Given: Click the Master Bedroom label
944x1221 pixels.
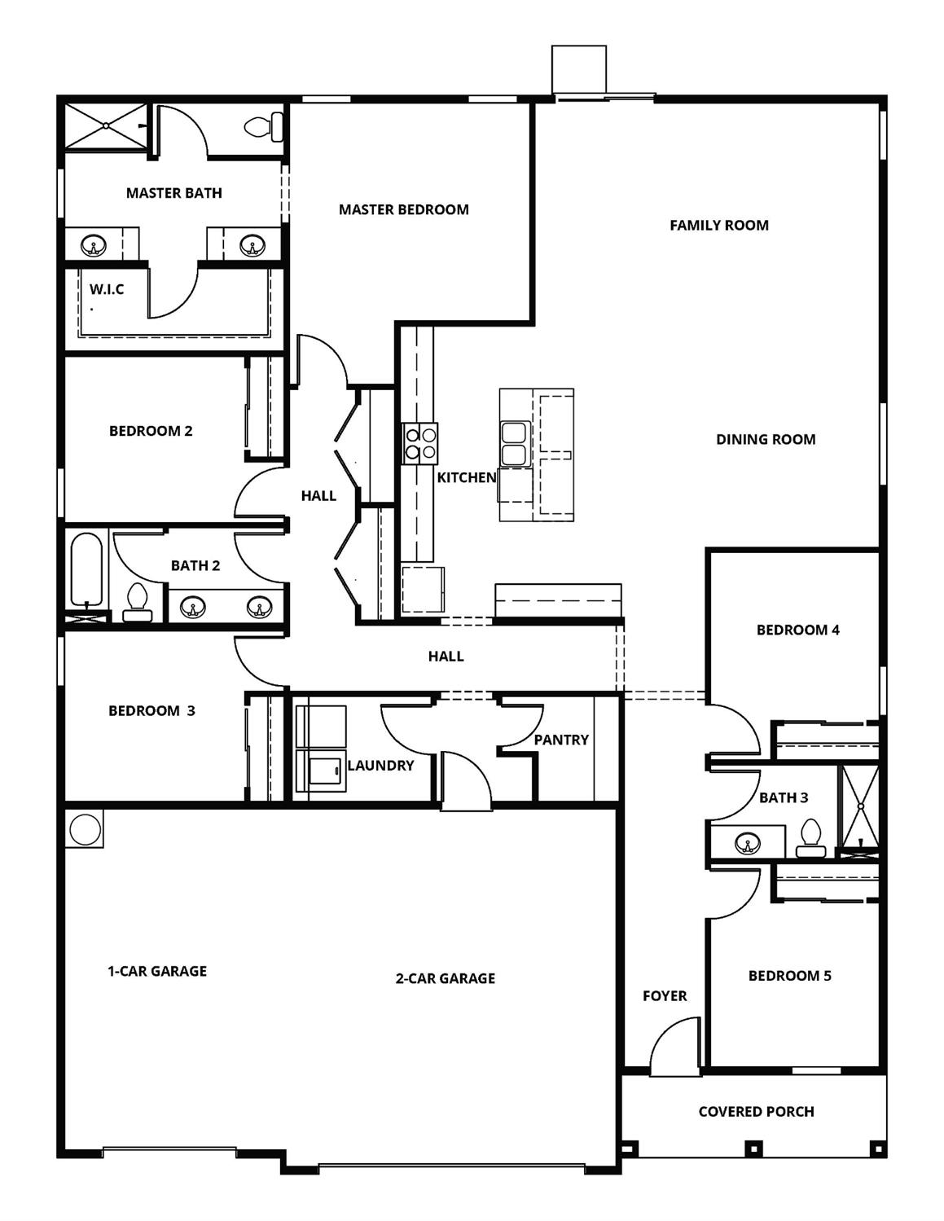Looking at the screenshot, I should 403,209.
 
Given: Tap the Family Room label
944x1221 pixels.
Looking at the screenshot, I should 718,226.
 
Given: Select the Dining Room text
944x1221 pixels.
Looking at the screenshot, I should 765,440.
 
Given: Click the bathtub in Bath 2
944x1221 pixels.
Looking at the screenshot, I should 86,568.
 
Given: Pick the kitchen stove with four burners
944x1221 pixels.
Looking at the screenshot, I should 420,443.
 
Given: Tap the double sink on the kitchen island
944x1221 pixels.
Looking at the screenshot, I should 514,443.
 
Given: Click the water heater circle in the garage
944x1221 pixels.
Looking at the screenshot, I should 84,829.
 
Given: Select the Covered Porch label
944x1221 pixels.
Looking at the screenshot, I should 756,1112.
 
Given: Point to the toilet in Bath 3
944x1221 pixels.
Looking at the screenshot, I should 810,839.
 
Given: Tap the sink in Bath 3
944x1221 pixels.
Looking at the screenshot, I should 748,843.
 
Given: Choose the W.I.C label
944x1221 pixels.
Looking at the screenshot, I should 107,289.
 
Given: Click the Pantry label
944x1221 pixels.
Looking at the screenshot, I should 561,740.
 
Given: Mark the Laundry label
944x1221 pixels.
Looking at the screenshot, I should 380,766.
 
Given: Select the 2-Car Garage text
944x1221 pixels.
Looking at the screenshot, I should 445,978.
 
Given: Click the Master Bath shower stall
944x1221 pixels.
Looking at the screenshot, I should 106,126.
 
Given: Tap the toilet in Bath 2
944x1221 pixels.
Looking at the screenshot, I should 137,603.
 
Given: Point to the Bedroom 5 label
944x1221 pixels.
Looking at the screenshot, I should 789,976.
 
